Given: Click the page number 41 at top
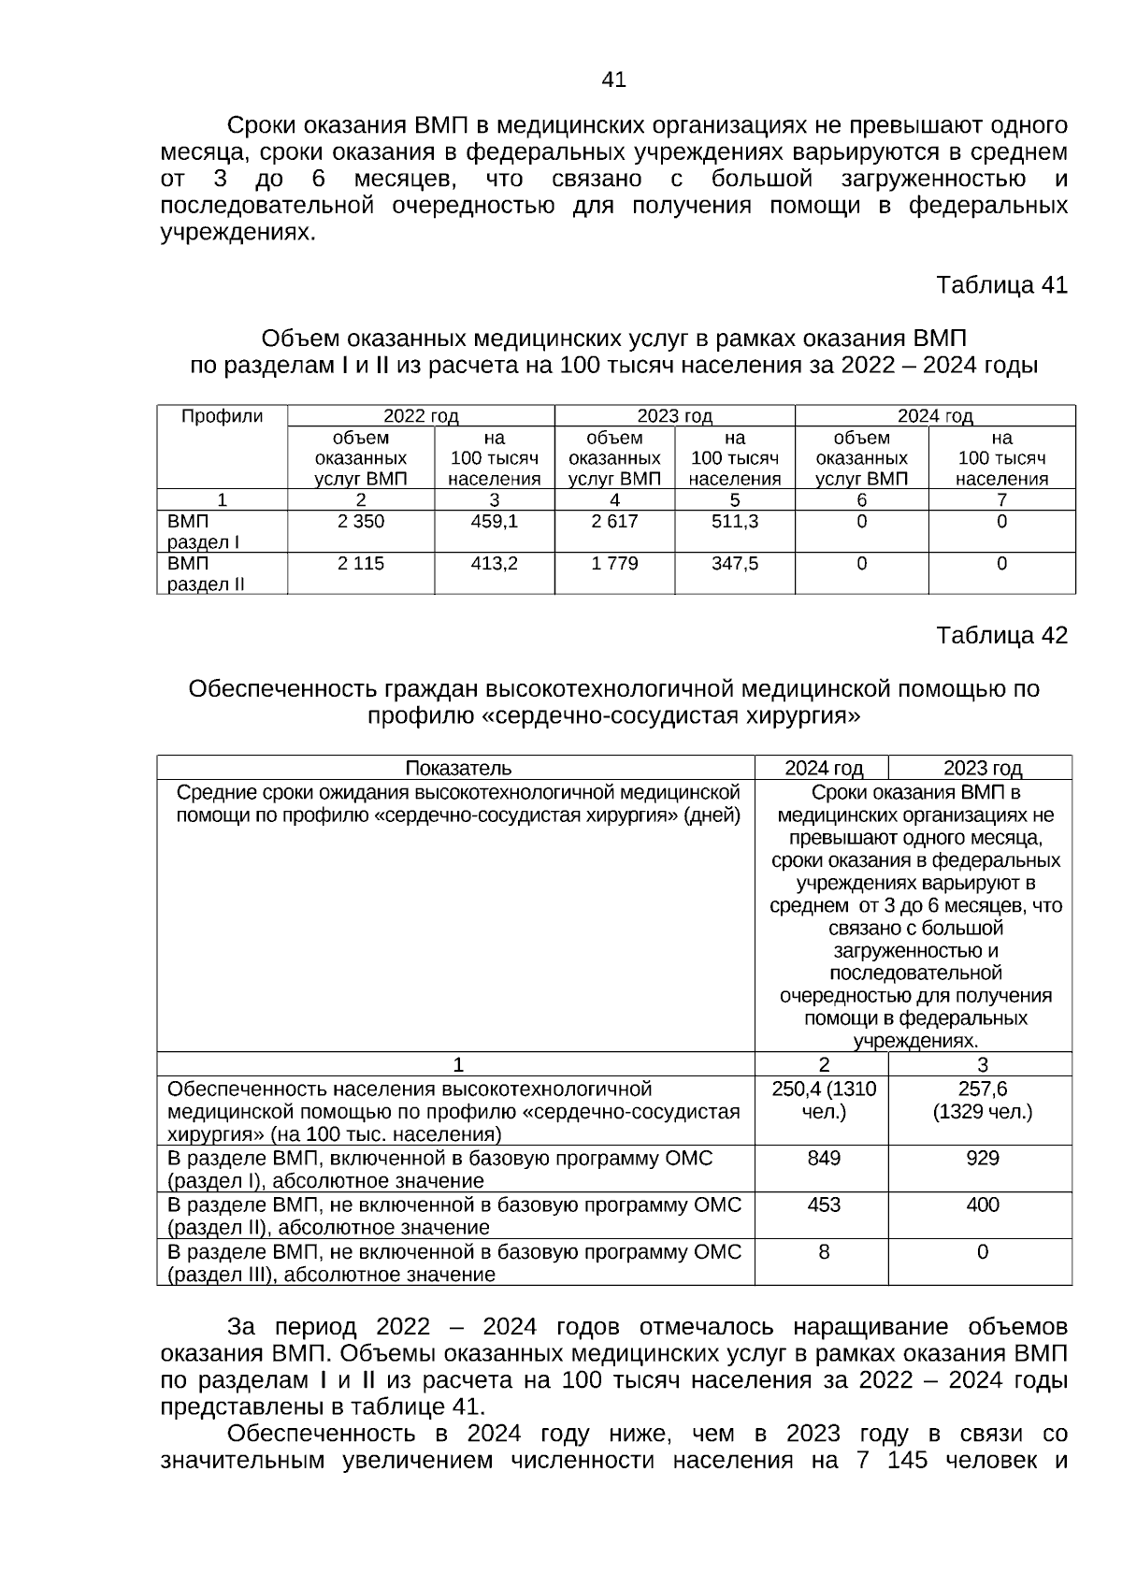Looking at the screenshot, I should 613,80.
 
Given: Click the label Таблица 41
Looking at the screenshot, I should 1001,284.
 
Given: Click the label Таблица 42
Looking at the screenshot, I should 1001,636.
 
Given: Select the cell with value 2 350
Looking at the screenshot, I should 361,522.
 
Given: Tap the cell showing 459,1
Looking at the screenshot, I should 495,522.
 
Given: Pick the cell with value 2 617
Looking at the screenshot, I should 614,522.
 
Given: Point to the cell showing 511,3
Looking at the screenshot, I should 735,522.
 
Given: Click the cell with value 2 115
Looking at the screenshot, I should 361,564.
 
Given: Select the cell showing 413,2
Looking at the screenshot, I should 495,564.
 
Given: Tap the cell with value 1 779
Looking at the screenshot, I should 614,564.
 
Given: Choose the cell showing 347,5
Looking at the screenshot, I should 735,564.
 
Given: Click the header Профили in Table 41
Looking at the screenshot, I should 222,417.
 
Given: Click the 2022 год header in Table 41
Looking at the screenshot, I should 421,417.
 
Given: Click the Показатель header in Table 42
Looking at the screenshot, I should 458,769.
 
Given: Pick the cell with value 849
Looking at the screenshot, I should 824,1159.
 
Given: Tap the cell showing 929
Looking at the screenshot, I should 983,1159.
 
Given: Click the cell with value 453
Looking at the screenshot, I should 824,1205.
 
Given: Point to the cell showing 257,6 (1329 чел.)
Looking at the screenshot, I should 983,1101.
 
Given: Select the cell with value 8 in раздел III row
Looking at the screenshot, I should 824,1252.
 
